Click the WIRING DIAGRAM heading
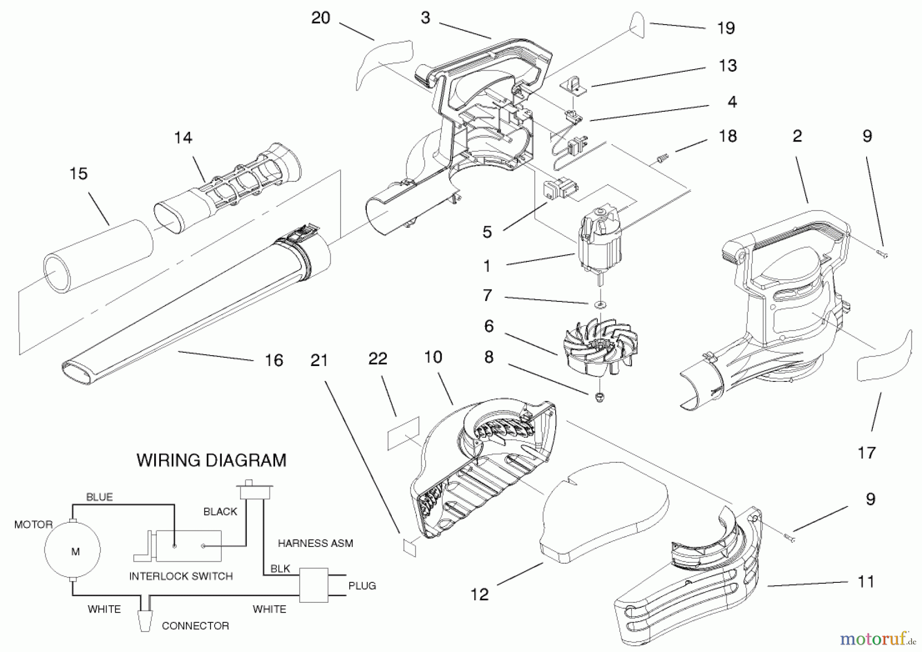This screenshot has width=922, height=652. tap(211, 460)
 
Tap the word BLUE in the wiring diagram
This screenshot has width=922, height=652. tap(99, 497)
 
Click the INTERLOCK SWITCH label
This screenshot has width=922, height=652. tap(181, 576)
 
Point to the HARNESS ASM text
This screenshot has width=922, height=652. tap(315, 543)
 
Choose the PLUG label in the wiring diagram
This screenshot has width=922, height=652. tap(362, 585)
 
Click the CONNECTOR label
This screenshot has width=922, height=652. tap(195, 626)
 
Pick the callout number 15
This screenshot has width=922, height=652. tap(78, 174)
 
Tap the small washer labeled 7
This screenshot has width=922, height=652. tap(600, 305)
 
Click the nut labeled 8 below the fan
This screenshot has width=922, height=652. tap(599, 396)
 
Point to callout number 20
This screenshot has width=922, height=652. tap(321, 18)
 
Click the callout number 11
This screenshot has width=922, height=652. tap(865, 582)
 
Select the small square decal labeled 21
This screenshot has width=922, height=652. tap(409, 547)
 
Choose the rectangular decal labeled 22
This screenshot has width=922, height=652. tap(403, 434)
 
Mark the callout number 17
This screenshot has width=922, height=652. tap(867, 453)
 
